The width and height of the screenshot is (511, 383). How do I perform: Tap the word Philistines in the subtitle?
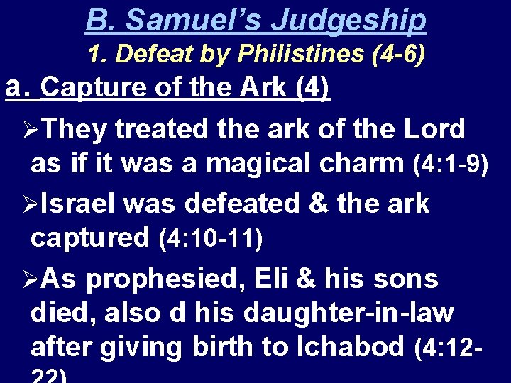(302, 54)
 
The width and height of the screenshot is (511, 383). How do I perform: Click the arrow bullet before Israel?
(30, 204)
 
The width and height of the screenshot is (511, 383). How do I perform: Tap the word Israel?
(81, 203)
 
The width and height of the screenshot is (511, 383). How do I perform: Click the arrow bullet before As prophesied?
(30, 279)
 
